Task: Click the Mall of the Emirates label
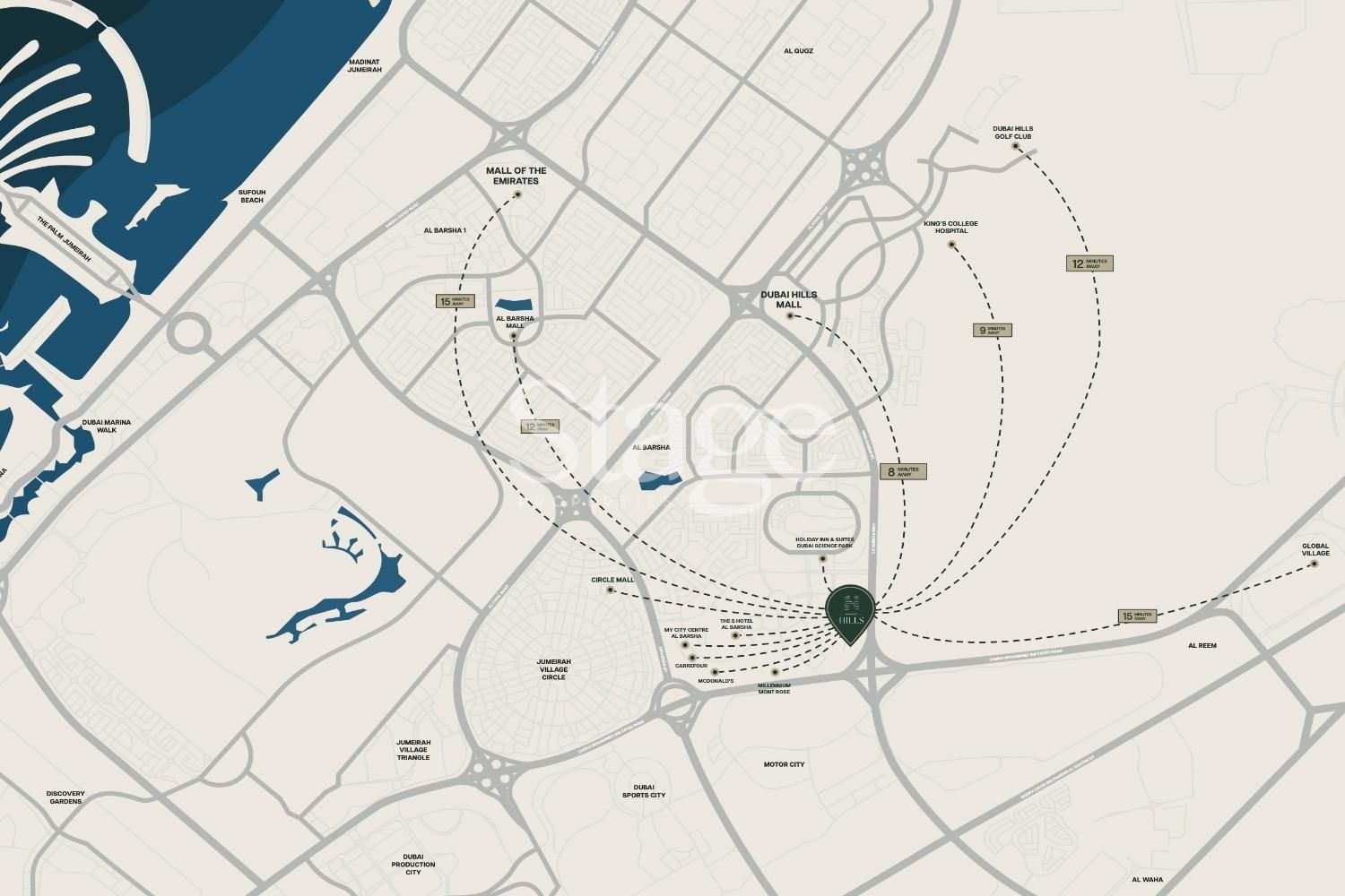coord(516,176)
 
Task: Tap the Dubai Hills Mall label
coord(789,299)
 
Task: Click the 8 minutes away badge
coord(902,471)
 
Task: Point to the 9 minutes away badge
coord(993,330)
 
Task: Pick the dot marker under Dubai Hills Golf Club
coord(1016,146)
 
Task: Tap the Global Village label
coord(1315,549)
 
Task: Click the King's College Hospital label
coord(950,227)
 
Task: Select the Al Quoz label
coord(797,51)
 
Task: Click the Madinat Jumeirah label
coord(365,65)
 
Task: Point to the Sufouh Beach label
coord(252,196)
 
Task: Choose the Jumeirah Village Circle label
coord(554,669)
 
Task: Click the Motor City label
coord(784,764)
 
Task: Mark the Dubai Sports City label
coord(644,790)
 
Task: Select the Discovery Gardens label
coord(65,797)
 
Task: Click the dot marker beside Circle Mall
coord(611,590)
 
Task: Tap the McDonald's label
coord(716,681)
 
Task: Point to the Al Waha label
coord(1147,879)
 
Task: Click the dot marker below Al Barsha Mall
coord(514,336)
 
